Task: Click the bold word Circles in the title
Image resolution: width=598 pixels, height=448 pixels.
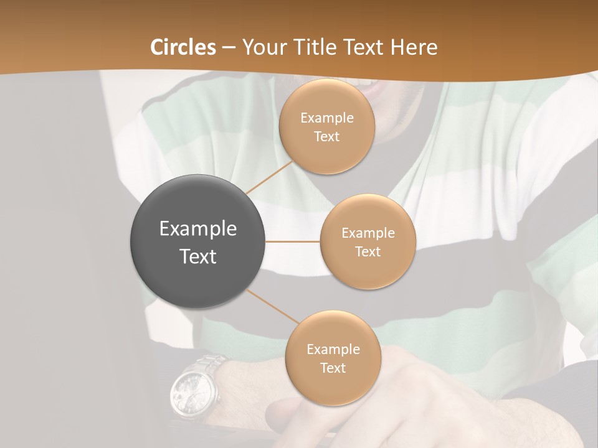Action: (183, 47)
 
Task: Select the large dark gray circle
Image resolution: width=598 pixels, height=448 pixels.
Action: (197, 241)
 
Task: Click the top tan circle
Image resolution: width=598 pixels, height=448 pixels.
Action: (326, 126)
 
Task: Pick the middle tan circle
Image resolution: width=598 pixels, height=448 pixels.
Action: (368, 241)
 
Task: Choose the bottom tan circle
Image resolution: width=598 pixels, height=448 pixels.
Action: (333, 358)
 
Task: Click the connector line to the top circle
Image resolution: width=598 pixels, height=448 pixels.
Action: (270, 176)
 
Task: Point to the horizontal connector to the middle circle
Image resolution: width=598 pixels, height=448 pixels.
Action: (293, 241)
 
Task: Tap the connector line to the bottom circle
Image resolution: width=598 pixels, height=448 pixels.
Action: (272, 307)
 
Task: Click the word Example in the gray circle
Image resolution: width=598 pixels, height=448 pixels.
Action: (197, 229)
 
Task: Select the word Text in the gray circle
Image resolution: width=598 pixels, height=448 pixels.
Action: (197, 256)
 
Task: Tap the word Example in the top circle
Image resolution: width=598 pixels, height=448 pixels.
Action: (326, 118)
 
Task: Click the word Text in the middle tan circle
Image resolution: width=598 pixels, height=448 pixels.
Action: (368, 251)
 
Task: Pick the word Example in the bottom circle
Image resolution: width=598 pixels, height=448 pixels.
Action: (333, 349)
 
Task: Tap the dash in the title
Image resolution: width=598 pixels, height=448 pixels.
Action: (229, 47)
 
